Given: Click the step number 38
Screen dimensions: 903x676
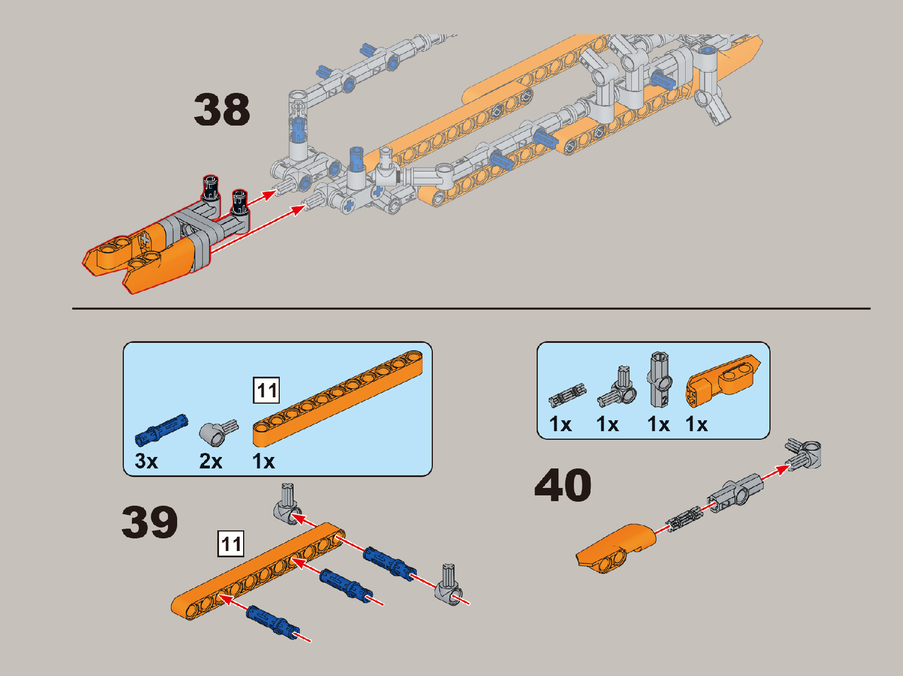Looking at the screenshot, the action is [222, 110].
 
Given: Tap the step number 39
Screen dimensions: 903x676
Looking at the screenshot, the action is [150, 522].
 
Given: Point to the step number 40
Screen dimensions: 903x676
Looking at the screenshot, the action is [563, 485].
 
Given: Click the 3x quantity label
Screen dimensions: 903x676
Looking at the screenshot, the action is [146, 461].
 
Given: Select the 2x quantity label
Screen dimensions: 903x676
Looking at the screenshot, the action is [210, 461].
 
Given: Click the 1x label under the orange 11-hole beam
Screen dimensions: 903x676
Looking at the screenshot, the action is [263, 461].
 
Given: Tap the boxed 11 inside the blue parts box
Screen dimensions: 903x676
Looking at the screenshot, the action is [266, 390].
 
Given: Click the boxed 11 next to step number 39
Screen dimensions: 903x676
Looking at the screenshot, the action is [231, 544].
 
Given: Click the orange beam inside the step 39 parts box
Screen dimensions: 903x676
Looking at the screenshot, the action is [337, 398].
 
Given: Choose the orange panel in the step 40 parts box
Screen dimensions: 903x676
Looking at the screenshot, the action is [722, 381].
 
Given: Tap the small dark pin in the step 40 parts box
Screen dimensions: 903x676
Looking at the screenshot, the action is [567, 395].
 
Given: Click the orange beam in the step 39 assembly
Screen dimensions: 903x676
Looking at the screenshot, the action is [258, 572].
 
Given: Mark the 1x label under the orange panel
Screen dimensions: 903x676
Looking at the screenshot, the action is [697, 424].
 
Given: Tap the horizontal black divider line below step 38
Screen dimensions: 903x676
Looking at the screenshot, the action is [471, 308].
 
